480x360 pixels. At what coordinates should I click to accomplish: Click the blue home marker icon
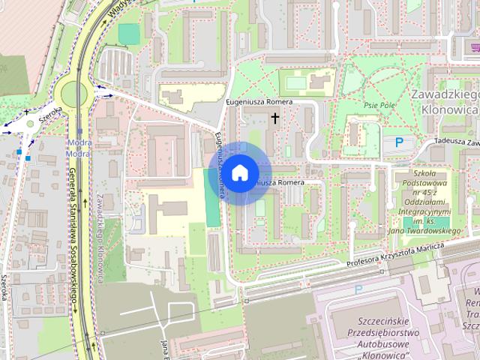[x=239, y=172]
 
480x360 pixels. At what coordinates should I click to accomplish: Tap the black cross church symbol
[x=274, y=118]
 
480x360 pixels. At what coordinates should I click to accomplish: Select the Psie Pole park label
[x=379, y=106]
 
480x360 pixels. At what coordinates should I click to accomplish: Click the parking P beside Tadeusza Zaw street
[x=399, y=142]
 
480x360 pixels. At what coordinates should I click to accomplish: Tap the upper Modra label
[x=79, y=142]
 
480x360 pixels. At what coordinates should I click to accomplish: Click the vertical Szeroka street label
[x=5, y=284]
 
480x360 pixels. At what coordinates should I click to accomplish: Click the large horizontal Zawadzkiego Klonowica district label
[x=445, y=102]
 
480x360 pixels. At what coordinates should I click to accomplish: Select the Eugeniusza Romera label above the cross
[x=258, y=101]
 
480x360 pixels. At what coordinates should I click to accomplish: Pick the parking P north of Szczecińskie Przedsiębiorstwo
[x=358, y=289]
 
